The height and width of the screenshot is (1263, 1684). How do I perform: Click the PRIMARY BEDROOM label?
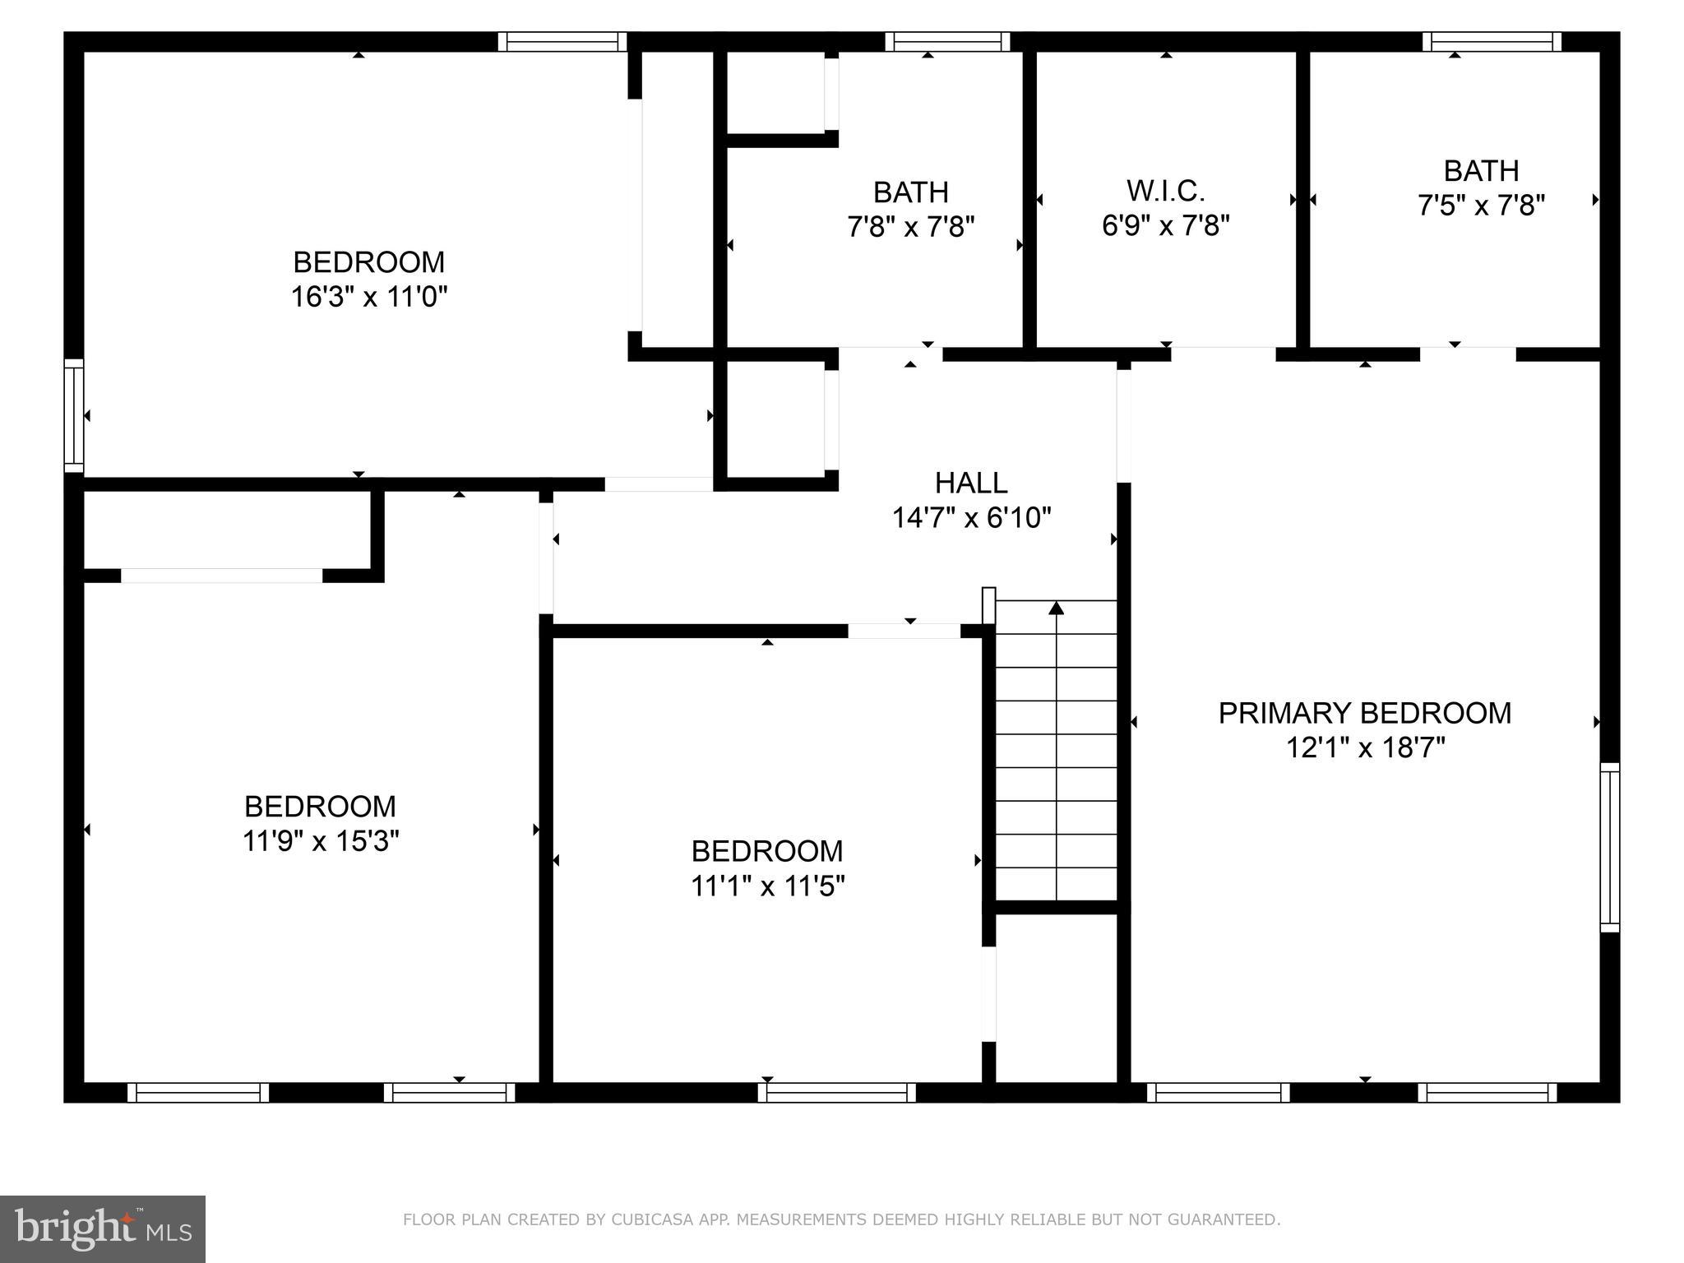click(x=1364, y=713)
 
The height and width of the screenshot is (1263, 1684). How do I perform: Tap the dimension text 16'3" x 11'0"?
click(x=369, y=297)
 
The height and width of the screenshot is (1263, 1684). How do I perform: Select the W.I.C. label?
click(x=1165, y=191)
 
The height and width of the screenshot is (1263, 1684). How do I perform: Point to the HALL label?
click(x=971, y=483)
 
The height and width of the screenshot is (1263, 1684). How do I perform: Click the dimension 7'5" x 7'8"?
click(x=1481, y=205)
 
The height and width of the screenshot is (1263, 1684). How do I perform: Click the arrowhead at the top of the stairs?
click(x=1057, y=608)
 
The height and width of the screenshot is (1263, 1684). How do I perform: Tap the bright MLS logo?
click(x=103, y=1228)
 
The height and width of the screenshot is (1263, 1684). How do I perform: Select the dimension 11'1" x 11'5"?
click(x=767, y=886)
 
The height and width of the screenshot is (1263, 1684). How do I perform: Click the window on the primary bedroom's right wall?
click(x=1610, y=847)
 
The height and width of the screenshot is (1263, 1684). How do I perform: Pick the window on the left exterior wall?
click(x=74, y=415)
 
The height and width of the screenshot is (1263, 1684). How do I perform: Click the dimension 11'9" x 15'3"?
click(x=321, y=841)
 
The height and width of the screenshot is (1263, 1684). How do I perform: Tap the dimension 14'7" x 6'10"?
click(x=971, y=518)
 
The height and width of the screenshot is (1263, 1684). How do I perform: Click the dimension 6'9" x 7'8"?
click(x=1165, y=225)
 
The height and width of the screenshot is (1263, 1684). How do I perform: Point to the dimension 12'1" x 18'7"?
click(x=1364, y=748)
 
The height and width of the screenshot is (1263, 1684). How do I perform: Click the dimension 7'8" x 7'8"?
click(x=910, y=226)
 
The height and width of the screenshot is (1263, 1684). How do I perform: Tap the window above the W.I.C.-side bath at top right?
click(x=1492, y=41)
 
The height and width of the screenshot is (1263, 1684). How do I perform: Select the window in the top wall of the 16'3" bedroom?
click(x=562, y=41)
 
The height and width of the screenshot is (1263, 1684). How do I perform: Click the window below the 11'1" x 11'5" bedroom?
click(x=836, y=1092)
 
